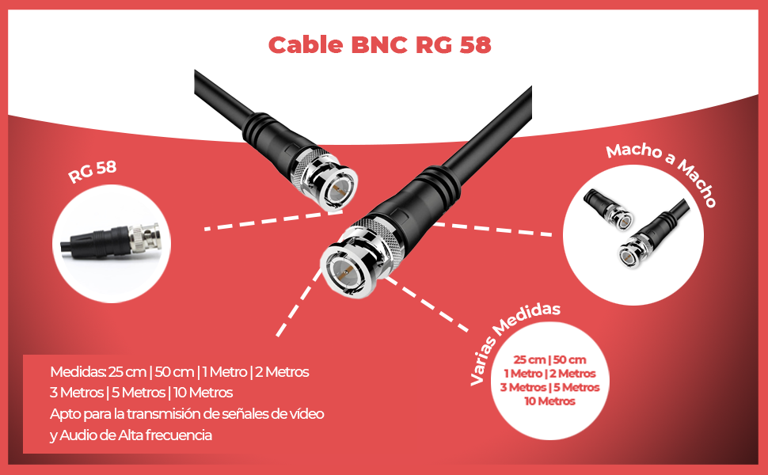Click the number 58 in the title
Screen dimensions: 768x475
pyautogui.click(x=473, y=45)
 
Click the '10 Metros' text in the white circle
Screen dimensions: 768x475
pyautogui.click(x=549, y=401)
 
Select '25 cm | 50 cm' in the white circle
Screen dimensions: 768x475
pyautogui.click(x=549, y=359)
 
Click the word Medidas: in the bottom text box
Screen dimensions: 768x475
pyautogui.click(x=78, y=371)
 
